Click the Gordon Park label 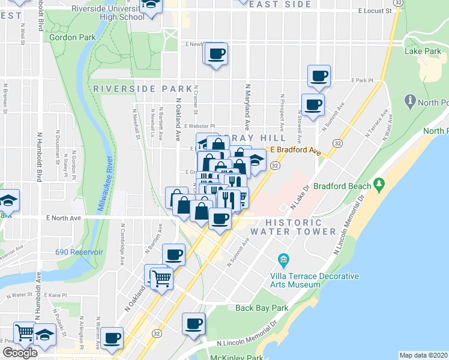pyautogui.click(x=73, y=37)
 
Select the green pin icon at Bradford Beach pyautogui.click(x=379, y=183)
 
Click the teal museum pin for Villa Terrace pyautogui.click(x=283, y=259)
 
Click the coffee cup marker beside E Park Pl pyautogui.click(x=319, y=76)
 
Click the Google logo pyautogui.click(x=20, y=353)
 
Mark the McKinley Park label pyautogui.click(x=237, y=358)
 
